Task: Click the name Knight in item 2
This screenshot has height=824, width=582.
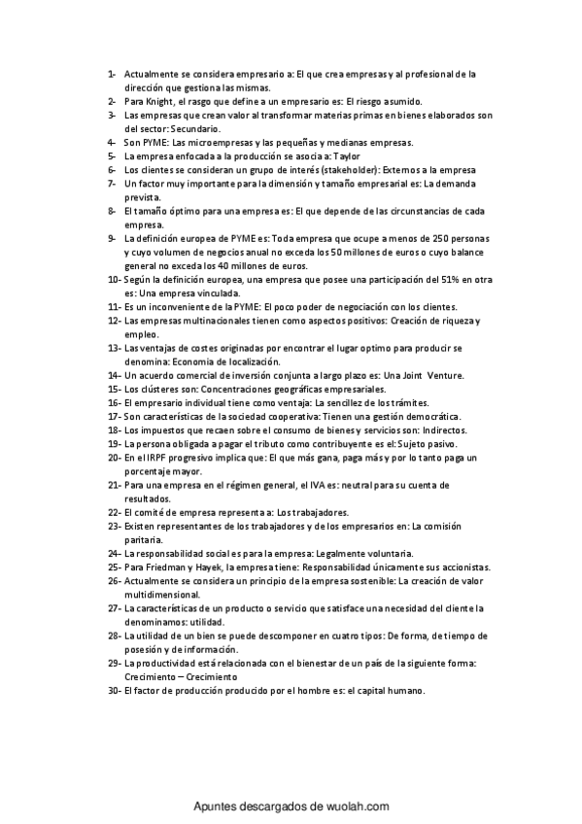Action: tap(161, 101)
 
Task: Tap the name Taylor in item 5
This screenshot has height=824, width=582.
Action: tap(348, 155)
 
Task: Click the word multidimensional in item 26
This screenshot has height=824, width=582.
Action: tap(162, 595)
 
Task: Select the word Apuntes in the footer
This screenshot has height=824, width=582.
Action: tap(217, 806)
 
